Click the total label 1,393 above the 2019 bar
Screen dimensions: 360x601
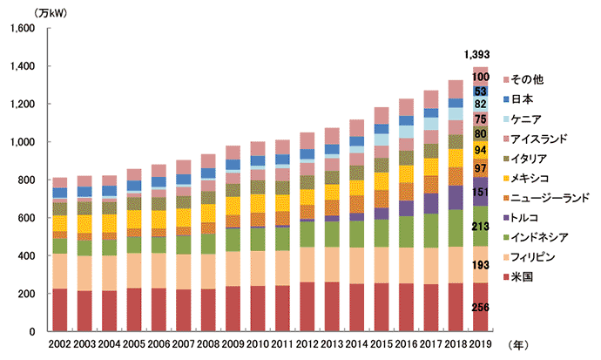tap(480, 56)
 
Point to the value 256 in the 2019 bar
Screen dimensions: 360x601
tap(481, 307)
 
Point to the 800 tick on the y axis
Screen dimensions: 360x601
tap(25, 180)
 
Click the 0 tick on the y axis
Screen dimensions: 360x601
tap(30, 331)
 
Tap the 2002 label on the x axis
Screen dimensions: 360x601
tap(59, 344)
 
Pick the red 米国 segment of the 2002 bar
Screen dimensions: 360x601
tap(59, 309)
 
